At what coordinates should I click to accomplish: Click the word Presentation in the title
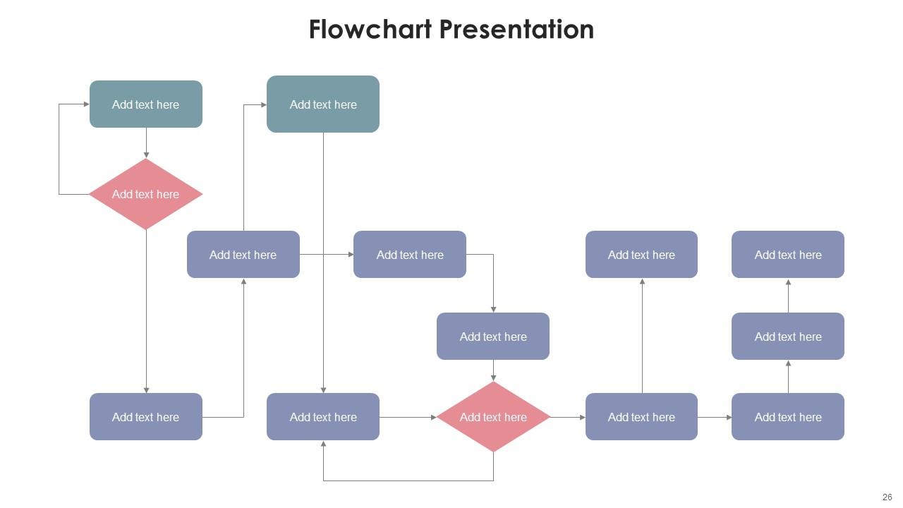coord(516,30)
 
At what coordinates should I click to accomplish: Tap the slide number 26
coord(887,497)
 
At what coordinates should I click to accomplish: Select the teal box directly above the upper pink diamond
coord(146,104)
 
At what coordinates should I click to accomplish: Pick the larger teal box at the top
coord(323,104)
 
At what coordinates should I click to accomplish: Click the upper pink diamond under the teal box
coord(146,194)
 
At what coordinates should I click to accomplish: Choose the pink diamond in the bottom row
coord(493,417)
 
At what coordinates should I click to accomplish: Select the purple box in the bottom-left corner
coord(146,417)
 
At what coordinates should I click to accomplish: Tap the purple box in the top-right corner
coord(788,255)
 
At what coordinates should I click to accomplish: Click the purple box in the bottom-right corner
coord(788,417)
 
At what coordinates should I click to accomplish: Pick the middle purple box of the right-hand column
coord(788,337)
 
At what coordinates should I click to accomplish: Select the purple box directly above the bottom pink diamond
coord(493,337)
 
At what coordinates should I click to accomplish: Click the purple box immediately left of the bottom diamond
coord(323,417)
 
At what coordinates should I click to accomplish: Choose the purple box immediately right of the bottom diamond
coord(641,417)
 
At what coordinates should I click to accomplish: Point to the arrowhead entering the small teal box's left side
coord(87,104)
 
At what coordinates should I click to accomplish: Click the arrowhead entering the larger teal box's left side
coord(264,104)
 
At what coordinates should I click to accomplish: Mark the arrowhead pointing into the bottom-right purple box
coord(729,417)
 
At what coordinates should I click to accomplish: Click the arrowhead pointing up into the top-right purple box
coord(788,282)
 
